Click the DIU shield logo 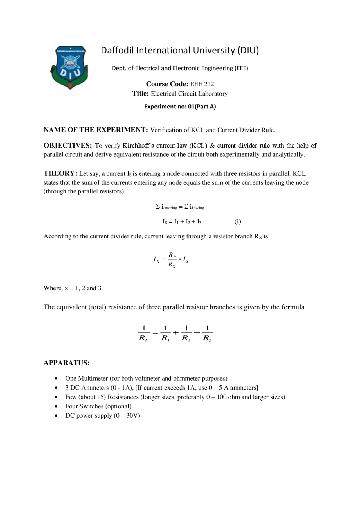tap(69, 67)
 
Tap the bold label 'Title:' tap(140, 94)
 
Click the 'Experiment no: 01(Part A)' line tap(180, 107)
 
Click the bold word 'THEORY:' tap(60, 173)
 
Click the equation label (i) tap(238, 221)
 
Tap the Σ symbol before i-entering tap(158, 207)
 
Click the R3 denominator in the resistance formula tap(207, 338)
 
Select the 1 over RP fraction tap(144, 333)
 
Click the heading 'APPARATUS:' tap(67, 363)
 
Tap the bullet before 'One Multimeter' tap(57, 379)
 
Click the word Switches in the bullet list tap(91, 406)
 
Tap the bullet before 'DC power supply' tap(57, 416)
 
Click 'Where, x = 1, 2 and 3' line tap(72, 288)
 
